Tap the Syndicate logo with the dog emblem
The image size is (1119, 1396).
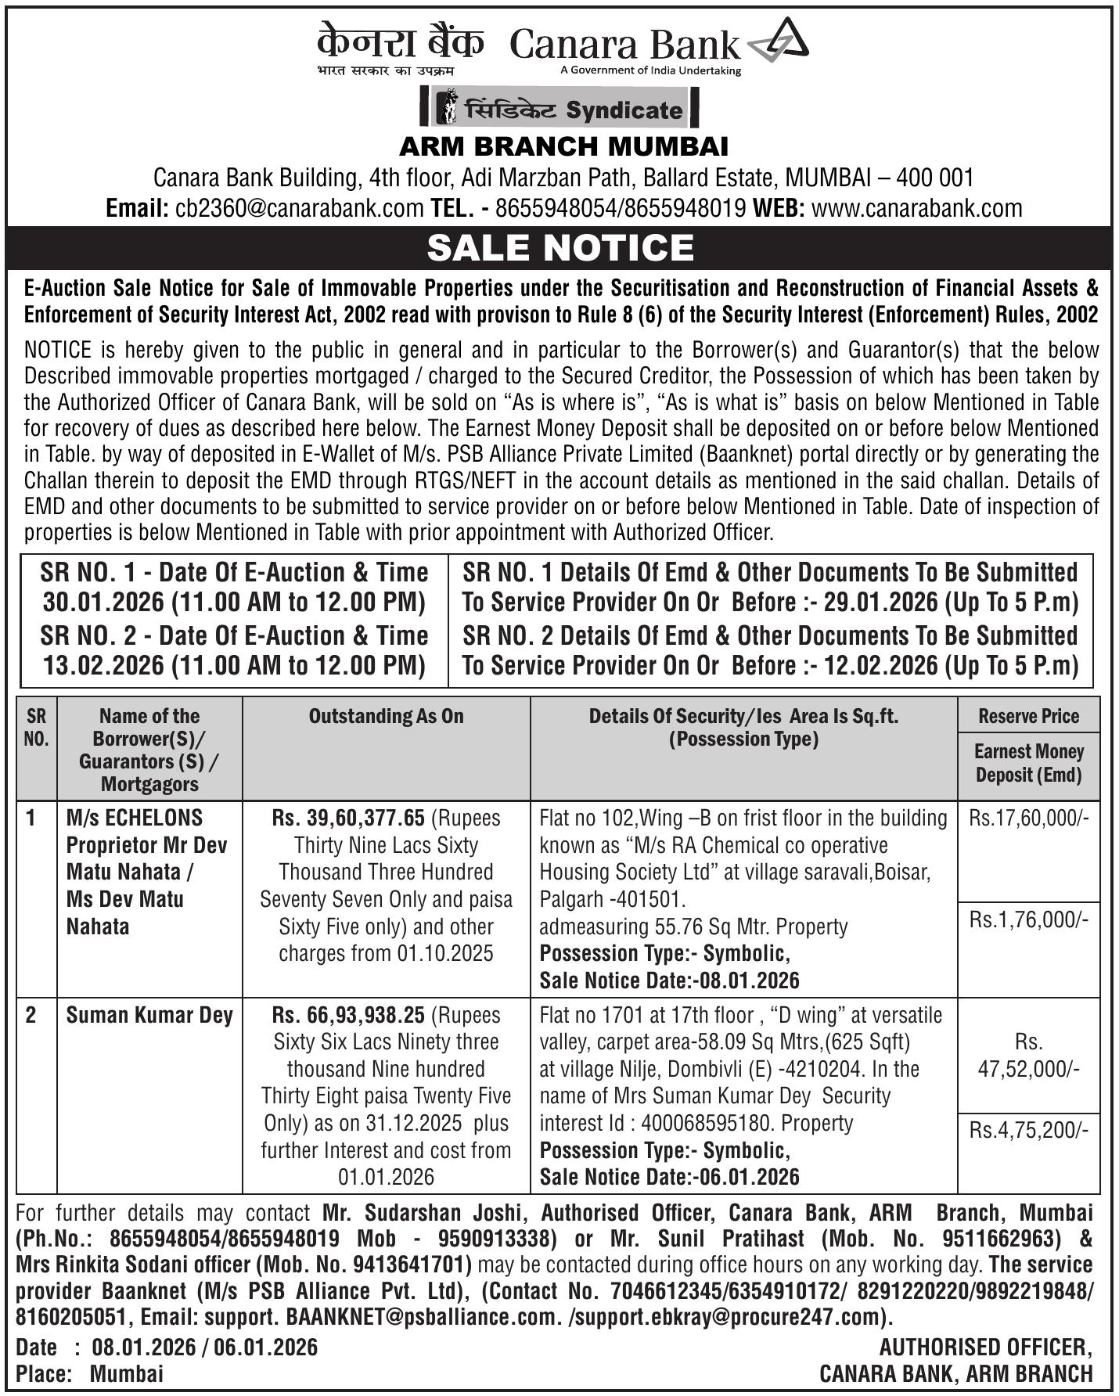tap(559, 108)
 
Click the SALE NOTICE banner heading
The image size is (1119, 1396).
tap(559, 247)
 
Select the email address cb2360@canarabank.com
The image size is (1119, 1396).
tap(300, 208)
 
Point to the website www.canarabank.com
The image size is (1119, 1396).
tap(916, 208)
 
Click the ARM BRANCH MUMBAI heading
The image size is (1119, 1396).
tap(563, 146)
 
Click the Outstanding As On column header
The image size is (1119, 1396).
tap(386, 716)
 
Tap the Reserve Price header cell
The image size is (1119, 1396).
tap(1028, 715)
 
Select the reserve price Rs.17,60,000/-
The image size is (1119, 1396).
tap(1028, 819)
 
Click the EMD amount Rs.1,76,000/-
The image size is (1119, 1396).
tap(1028, 919)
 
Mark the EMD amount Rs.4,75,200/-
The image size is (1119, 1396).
tap(1028, 1130)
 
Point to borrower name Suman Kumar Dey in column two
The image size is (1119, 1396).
tap(149, 1015)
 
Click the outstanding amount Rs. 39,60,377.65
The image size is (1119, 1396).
tap(348, 819)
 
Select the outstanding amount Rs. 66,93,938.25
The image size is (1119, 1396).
tap(348, 1015)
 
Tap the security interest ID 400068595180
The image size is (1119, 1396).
tap(704, 1123)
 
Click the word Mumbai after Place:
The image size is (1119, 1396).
tap(126, 1373)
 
